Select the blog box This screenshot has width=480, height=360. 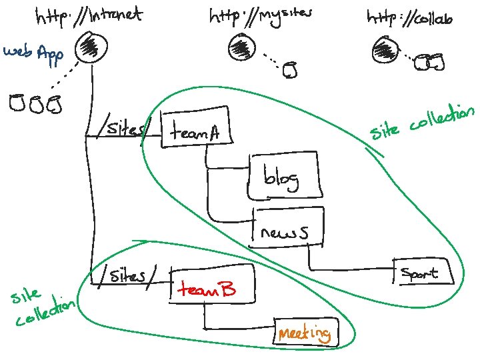(x=285, y=177)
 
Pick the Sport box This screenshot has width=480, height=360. (x=421, y=272)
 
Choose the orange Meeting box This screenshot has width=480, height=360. (x=305, y=332)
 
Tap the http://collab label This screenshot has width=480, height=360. (x=409, y=18)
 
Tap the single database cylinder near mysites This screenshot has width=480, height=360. (x=289, y=69)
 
